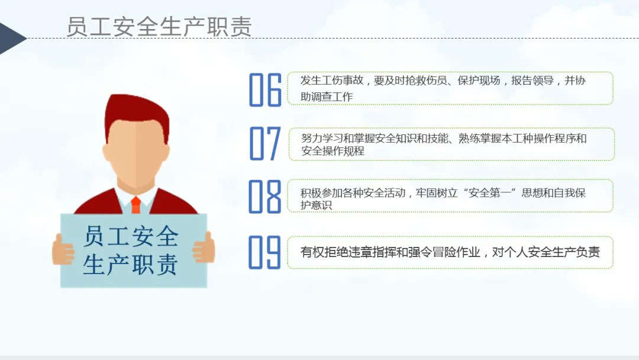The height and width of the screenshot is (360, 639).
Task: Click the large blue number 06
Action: (x=265, y=89)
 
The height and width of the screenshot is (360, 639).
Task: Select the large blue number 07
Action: (x=265, y=143)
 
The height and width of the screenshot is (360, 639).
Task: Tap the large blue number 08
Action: (x=265, y=197)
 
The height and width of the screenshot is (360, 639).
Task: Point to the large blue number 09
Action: (x=265, y=252)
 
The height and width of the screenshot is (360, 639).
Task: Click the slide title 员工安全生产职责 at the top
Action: (x=159, y=27)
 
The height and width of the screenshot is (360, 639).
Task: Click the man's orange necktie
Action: (x=135, y=205)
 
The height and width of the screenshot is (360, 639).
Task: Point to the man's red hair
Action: (x=137, y=116)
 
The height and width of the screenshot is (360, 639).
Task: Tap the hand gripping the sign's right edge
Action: (x=204, y=247)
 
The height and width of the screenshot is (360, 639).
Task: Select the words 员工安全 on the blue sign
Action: (x=131, y=236)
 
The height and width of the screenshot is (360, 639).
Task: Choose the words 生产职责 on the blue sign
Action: (x=130, y=265)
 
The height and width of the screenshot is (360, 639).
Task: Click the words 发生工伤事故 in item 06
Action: (x=332, y=81)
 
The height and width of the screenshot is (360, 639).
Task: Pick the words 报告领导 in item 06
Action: (x=532, y=81)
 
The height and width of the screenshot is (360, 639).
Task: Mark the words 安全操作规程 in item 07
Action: (x=333, y=151)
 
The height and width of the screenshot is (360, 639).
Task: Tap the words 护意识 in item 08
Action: (x=316, y=205)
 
